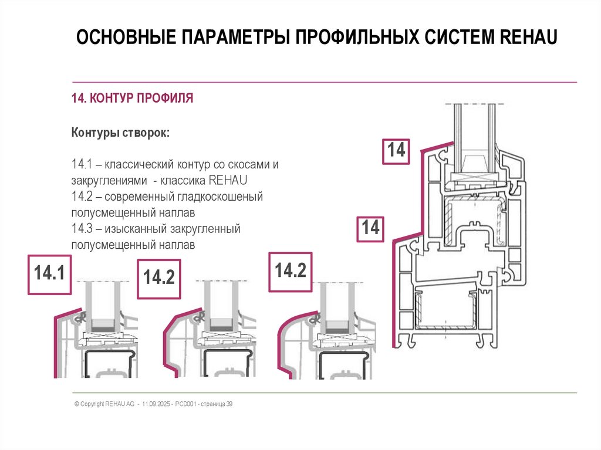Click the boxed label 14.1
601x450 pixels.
pos(49,274)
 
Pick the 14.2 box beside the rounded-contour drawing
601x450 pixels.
pos(291,271)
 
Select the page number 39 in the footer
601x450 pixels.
pos(229,404)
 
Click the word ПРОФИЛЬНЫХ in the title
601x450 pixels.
pos(350,38)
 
